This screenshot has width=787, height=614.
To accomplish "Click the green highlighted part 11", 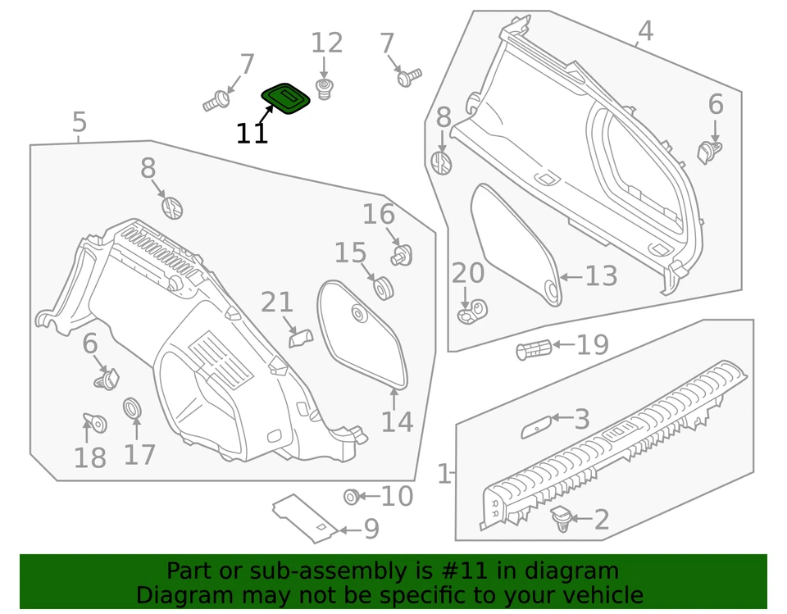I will coord(286,98).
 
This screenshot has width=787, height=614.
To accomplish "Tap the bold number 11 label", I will coord(252,134).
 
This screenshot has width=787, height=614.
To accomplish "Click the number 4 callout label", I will coord(645,31).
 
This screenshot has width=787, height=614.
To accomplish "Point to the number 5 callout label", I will coord(79,123).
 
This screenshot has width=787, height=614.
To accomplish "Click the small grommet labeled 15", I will coord(382,288).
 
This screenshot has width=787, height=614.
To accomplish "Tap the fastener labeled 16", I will coord(401,255).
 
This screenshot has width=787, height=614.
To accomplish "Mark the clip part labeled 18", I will coord(96,423).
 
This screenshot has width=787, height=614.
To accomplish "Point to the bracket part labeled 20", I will coord(472,311).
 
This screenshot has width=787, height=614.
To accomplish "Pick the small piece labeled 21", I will coord(299,337).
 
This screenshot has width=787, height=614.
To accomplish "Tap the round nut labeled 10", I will coord(351,496).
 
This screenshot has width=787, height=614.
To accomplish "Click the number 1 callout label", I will coord(444,474).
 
